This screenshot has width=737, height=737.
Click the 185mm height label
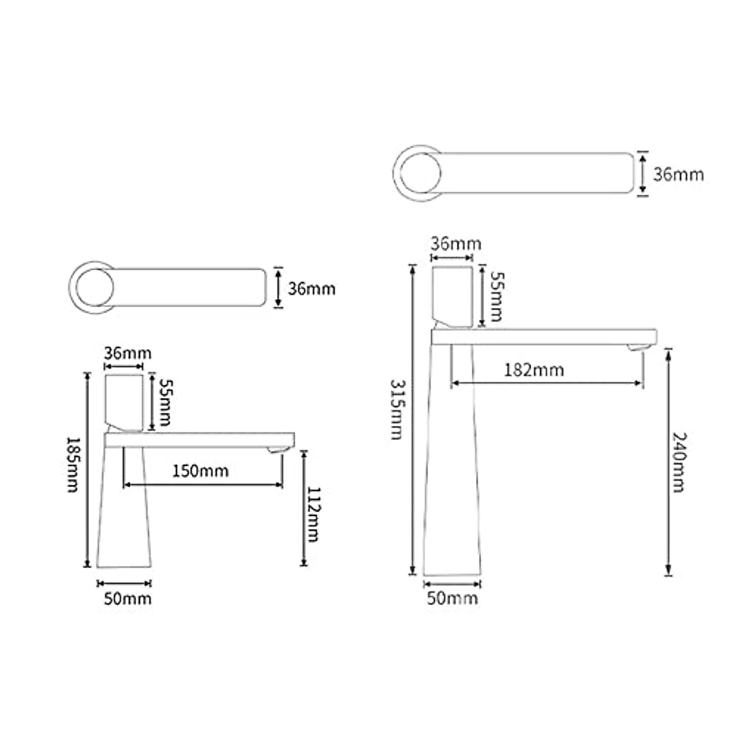click(72, 465)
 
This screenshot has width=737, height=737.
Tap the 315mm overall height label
click(397, 409)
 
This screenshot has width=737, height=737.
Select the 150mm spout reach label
click(200, 471)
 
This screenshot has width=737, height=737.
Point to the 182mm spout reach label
click(534, 370)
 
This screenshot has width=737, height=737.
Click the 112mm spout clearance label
click(313, 514)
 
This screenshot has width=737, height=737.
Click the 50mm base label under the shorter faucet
click(128, 599)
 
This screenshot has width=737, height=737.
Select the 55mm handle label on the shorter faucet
click(165, 402)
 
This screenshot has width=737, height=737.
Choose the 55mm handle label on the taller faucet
click(497, 297)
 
